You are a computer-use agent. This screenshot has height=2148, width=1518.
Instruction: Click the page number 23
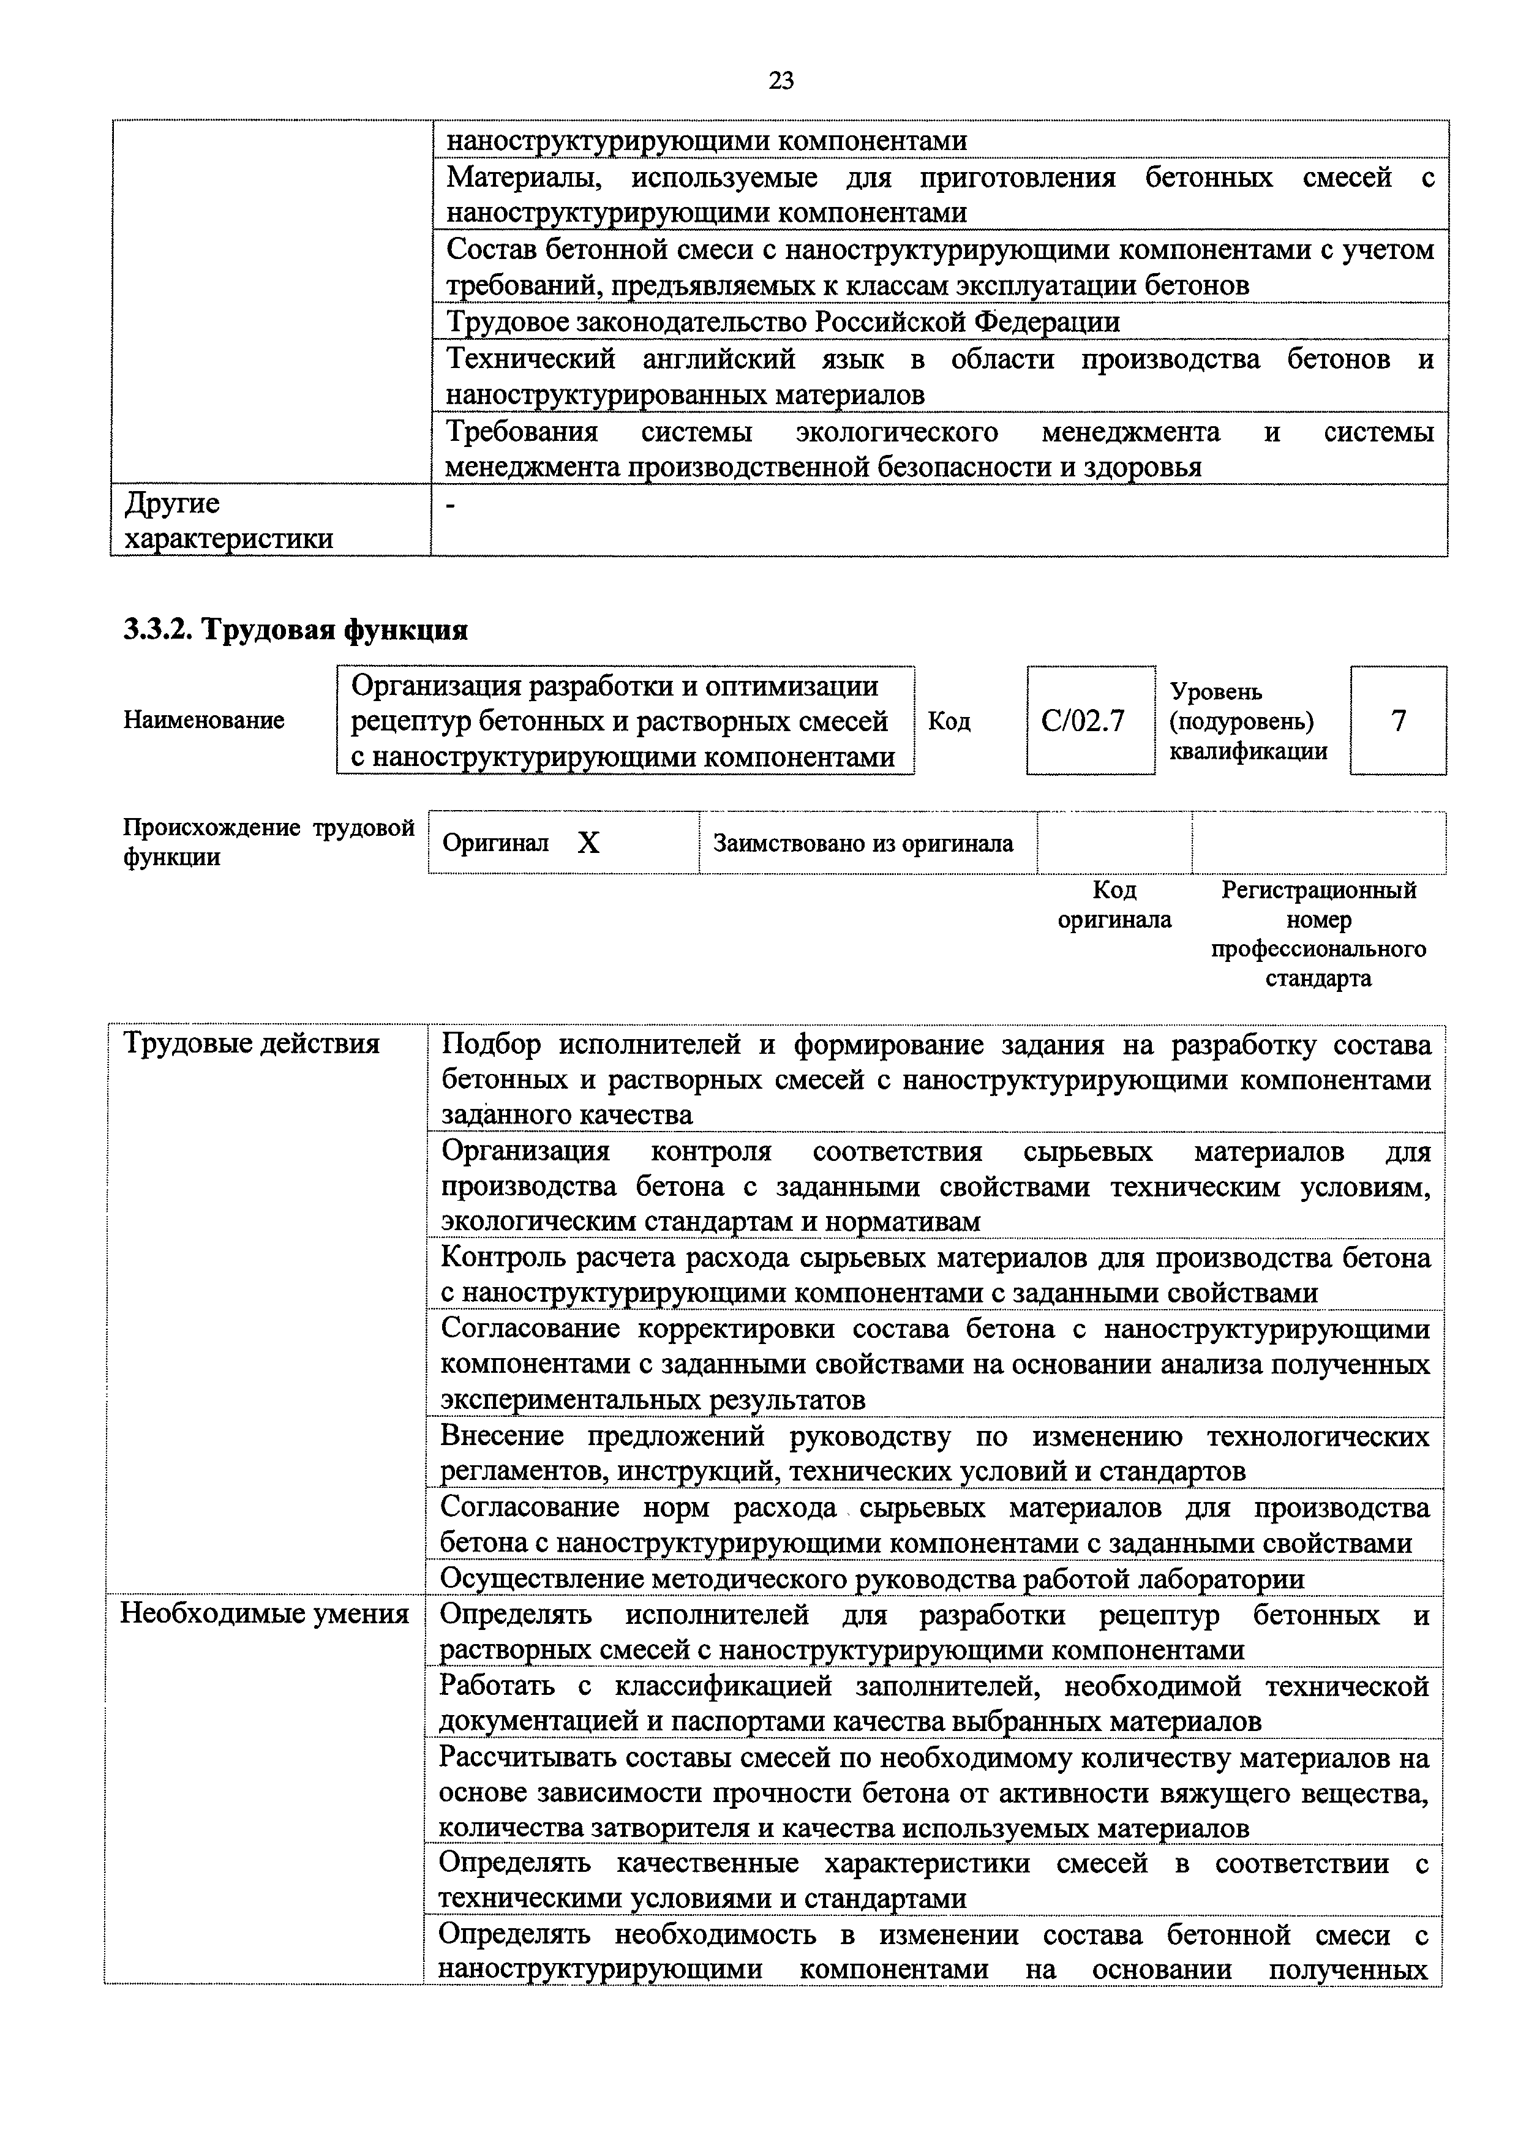(x=781, y=81)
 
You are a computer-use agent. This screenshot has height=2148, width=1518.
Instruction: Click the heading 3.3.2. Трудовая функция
(x=296, y=629)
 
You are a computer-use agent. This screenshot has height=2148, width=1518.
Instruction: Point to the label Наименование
(x=204, y=720)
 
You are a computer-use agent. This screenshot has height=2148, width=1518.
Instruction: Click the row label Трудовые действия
(x=252, y=1043)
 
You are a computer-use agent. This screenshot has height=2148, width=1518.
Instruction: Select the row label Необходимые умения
(x=265, y=1614)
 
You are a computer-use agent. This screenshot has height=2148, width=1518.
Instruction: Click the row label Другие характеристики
(x=229, y=521)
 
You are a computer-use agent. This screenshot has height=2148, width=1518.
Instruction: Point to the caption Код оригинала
(x=1114, y=904)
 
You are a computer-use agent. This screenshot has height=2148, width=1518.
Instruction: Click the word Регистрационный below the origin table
(x=1319, y=890)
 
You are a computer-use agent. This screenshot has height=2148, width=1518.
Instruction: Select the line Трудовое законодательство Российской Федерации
(x=782, y=322)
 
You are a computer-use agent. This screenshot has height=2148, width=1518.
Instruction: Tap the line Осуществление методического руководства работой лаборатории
(x=872, y=1579)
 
